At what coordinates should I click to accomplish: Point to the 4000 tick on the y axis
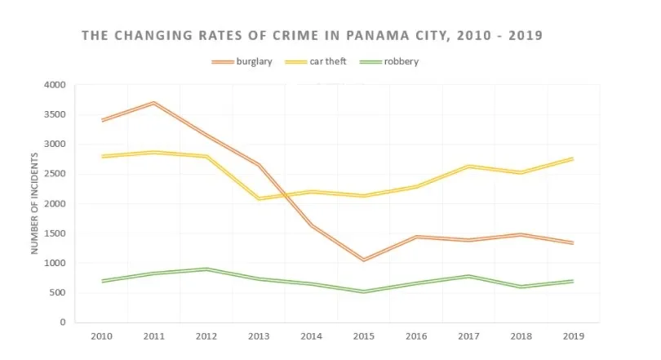pyautogui.click(x=55, y=85)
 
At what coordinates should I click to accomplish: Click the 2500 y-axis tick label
pyautogui.click(x=55, y=174)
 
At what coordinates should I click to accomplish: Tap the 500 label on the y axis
pyautogui.click(x=59, y=293)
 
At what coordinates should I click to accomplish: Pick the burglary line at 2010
pyautogui.click(x=101, y=120)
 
